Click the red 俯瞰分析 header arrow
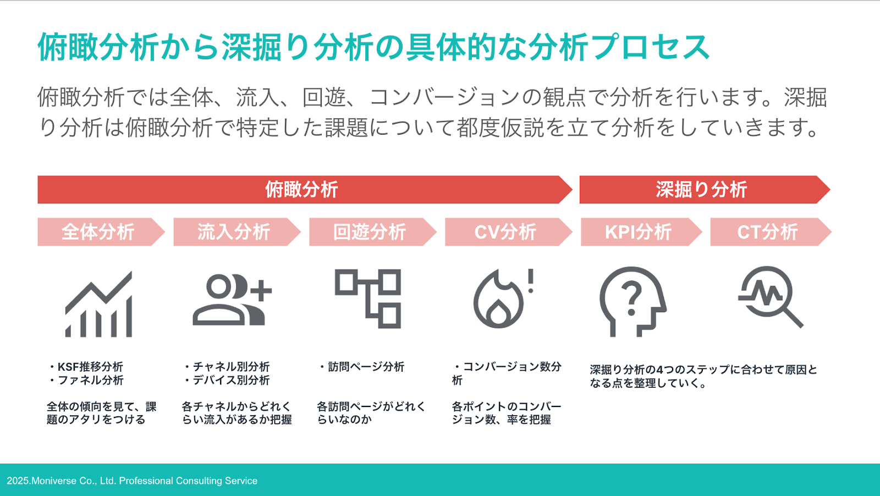coord(305,190)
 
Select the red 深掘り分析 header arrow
coord(705,190)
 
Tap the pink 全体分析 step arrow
coord(101,232)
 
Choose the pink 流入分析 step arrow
coord(237,232)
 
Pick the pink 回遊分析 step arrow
coord(373,232)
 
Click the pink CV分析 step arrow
coord(509,232)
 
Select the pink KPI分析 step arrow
coord(641,232)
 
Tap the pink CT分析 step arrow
coord(771,232)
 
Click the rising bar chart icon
coord(98,304)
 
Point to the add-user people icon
coord(232,300)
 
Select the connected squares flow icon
coord(368,299)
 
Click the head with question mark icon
coord(633,301)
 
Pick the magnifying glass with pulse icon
coord(771,297)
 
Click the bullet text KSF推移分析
coord(90,367)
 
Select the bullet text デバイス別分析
coord(231,380)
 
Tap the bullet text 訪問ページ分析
coord(366,367)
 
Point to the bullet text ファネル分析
coord(90,380)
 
